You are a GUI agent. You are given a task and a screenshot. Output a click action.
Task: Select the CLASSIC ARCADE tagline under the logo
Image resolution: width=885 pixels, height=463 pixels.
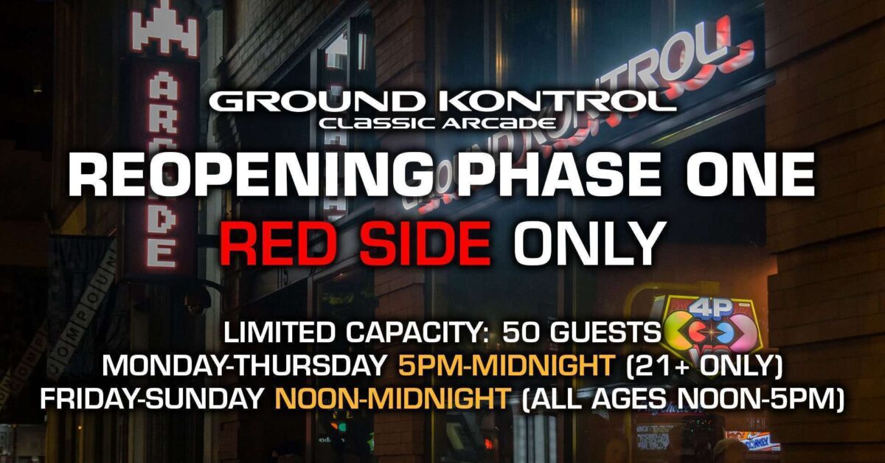pyautogui.click(x=437, y=123)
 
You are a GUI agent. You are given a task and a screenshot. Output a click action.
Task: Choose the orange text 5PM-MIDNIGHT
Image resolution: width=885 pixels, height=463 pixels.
pyautogui.click(x=506, y=366)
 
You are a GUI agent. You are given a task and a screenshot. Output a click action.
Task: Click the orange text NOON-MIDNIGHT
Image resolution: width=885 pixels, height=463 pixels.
pyautogui.click(x=392, y=399)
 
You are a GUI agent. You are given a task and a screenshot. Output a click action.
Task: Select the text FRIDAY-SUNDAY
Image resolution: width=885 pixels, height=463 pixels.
pyautogui.click(x=152, y=399)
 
